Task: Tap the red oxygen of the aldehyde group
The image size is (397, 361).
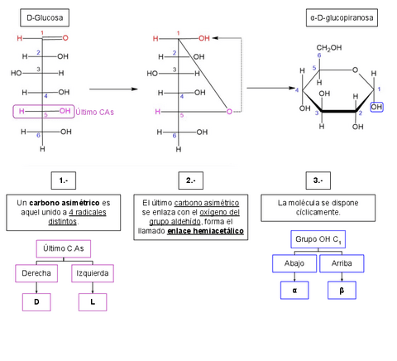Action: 65,38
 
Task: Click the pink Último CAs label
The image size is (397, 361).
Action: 95,111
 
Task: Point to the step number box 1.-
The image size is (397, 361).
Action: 64,180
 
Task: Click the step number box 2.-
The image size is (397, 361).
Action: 190,180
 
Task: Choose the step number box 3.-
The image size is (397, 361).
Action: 318,180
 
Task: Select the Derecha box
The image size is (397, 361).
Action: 36,273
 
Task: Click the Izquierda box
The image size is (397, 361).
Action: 92,273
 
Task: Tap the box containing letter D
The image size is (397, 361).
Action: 36,302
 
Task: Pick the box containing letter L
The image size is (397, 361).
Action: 92,302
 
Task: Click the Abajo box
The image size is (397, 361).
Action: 294,263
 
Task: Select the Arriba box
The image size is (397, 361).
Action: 342,263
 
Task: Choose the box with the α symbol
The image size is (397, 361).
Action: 294,291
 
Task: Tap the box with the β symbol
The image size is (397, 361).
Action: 342,291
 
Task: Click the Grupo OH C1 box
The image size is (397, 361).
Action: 318,239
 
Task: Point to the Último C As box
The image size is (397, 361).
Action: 64,248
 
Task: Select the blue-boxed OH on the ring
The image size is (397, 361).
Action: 377,107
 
